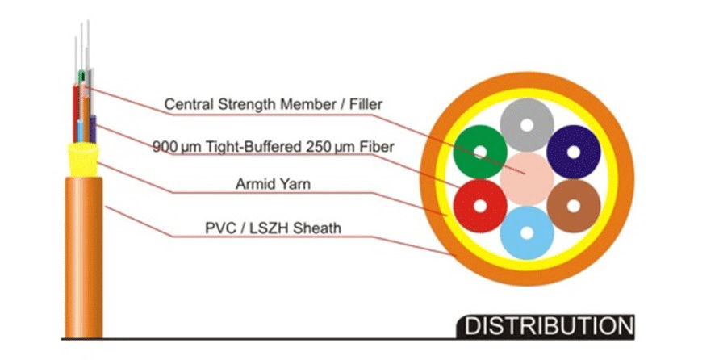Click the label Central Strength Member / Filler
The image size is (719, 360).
(x=273, y=104)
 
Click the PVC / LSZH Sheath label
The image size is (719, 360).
(x=273, y=228)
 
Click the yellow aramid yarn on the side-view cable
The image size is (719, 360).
(x=84, y=153)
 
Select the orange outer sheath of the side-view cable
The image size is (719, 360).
(x=84, y=258)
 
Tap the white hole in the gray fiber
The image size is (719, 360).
(x=527, y=126)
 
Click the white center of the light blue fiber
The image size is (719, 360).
(x=526, y=232)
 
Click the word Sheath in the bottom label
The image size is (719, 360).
(x=317, y=228)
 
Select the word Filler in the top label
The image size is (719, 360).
(x=364, y=104)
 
